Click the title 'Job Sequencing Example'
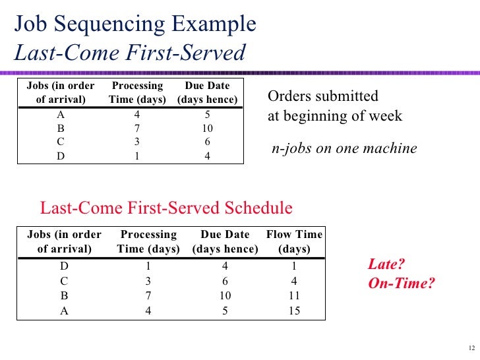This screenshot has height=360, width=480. click(135, 24)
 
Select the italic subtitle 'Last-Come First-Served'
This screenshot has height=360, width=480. click(130, 52)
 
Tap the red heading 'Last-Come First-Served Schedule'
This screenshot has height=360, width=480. click(166, 208)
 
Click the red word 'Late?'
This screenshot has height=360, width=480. click(386, 265)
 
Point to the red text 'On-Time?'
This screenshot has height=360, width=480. click(401, 285)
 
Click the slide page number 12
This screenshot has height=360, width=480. click(470, 349)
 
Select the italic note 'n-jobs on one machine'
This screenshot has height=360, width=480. click(344, 148)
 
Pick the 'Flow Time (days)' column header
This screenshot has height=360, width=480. click(294, 241)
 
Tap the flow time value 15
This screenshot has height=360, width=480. click(294, 311)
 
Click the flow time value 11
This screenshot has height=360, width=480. click(294, 296)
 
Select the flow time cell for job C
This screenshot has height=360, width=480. click(294, 282)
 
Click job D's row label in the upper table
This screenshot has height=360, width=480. click(61, 156)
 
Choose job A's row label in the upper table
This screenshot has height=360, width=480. click(61, 113)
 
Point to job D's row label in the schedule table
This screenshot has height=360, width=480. click(65, 267)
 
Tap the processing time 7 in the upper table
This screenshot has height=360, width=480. click(137, 128)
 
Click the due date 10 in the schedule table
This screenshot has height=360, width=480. click(225, 296)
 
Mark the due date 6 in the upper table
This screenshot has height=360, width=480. click(207, 142)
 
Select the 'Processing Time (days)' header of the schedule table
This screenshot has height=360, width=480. click(148, 241)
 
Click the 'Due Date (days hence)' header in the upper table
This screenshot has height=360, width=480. click(207, 93)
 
